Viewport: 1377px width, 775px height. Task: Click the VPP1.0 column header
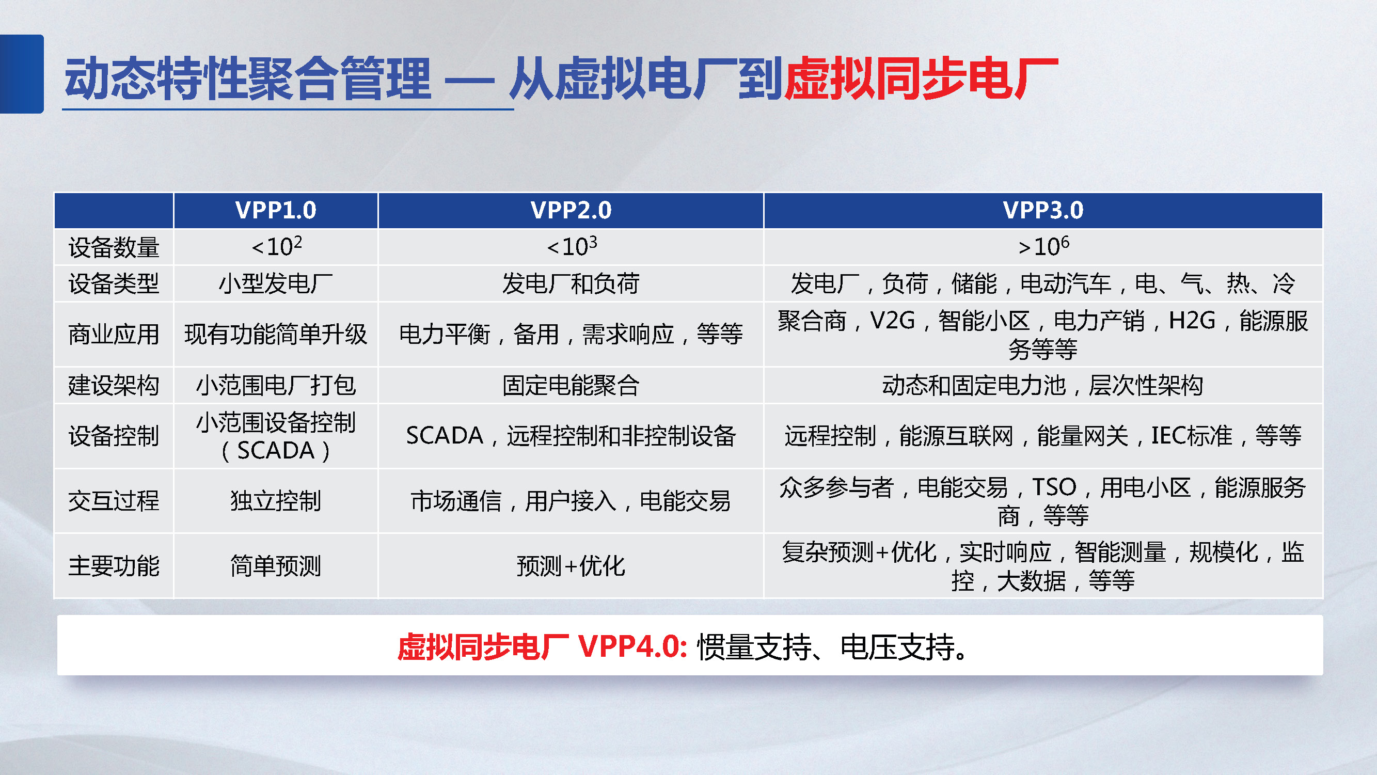pyautogui.click(x=276, y=210)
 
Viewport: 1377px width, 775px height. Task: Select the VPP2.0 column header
pyautogui.click(x=571, y=210)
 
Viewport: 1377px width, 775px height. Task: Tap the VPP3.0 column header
pyautogui.click(x=1043, y=210)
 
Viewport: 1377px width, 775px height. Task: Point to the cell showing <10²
pyautogui.click(x=276, y=247)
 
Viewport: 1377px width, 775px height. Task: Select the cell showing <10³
pyautogui.click(x=571, y=247)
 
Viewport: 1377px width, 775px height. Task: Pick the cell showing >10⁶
pyautogui.click(x=1043, y=247)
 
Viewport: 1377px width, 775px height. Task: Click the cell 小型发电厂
pyautogui.click(x=276, y=283)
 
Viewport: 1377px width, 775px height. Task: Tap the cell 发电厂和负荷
pyautogui.click(x=571, y=283)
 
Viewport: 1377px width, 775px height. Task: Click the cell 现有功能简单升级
pyautogui.click(x=276, y=335)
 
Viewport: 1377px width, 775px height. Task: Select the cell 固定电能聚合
pyautogui.click(x=571, y=385)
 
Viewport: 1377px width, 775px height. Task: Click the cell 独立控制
pyautogui.click(x=276, y=501)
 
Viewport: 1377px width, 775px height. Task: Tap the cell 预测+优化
pyautogui.click(x=571, y=566)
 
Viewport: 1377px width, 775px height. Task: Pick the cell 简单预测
pyautogui.click(x=276, y=566)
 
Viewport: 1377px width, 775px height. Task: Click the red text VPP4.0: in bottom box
pyautogui.click(x=633, y=647)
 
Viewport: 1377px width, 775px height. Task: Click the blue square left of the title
pyautogui.click(x=21, y=74)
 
